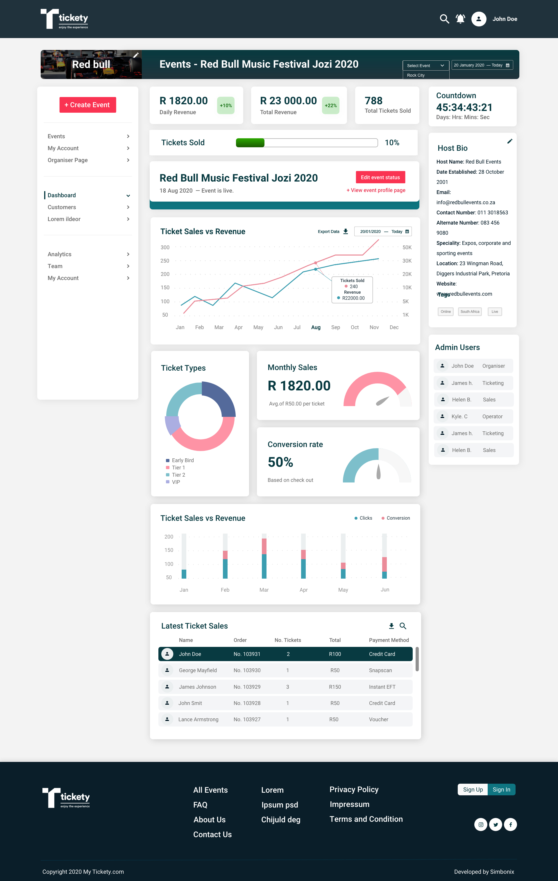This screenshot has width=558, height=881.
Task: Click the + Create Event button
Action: click(87, 105)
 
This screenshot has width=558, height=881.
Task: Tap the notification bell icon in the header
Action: click(460, 19)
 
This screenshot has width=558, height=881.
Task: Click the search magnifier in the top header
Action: click(444, 19)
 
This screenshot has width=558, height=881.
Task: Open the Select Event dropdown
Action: click(425, 65)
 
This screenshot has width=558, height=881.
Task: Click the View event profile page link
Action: click(376, 190)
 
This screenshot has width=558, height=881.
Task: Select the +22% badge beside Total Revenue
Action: click(331, 105)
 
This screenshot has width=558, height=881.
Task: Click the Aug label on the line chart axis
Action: click(316, 327)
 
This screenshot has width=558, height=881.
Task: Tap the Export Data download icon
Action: click(345, 232)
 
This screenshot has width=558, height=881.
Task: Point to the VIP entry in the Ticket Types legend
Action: click(176, 482)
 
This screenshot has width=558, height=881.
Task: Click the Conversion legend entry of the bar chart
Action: click(396, 518)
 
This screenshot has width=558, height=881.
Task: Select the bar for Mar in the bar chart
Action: click(264, 558)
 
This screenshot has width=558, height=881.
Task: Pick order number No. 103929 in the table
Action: click(247, 687)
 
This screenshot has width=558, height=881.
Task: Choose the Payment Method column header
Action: click(389, 640)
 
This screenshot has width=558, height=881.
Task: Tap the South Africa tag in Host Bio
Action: click(470, 312)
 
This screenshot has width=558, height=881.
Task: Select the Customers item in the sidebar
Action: click(62, 207)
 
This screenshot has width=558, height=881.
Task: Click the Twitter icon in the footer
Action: click(496, 824)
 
